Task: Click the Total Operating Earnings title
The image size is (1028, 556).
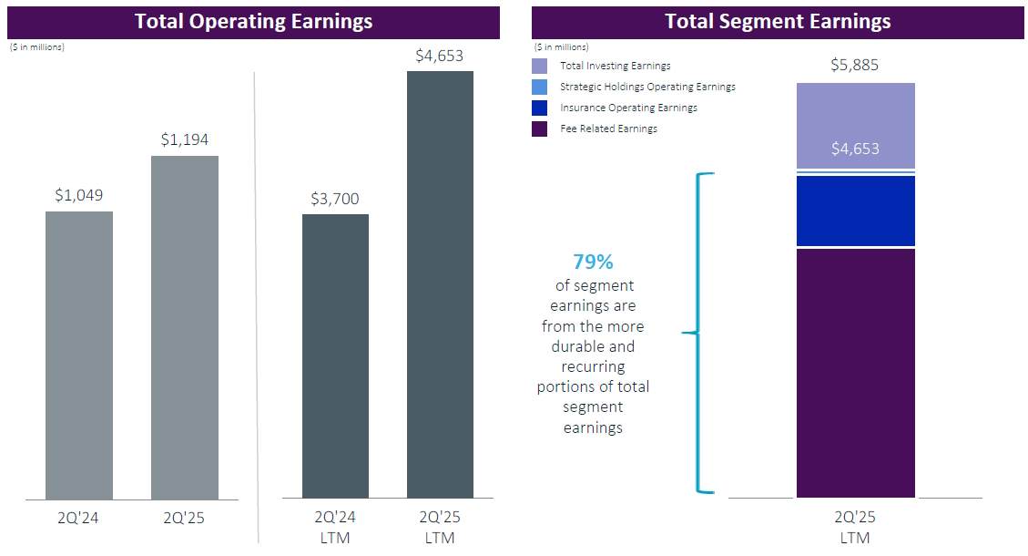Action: click(253, 22)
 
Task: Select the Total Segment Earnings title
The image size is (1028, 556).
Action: click(778, 22)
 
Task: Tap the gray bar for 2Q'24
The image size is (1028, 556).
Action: click(79, 355)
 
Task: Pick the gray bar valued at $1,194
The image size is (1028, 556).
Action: click(185, 328)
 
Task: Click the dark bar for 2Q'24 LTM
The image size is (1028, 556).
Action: click(335, 356)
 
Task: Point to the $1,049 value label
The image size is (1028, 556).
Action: click(79, 195)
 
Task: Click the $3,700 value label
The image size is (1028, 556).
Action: click(335, 198)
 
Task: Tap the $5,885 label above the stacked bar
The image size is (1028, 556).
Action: click(855, 66)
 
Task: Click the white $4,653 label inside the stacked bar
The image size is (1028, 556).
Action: click(855, 148)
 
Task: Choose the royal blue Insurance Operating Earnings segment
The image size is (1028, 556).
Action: click(855, 211)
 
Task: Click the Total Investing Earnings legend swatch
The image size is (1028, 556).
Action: click(540, 66)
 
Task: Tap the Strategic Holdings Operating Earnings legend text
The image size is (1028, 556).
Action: click(647, 87)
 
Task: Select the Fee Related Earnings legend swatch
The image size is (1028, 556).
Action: click(540, 129)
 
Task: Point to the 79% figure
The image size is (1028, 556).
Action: click(593, 263)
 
